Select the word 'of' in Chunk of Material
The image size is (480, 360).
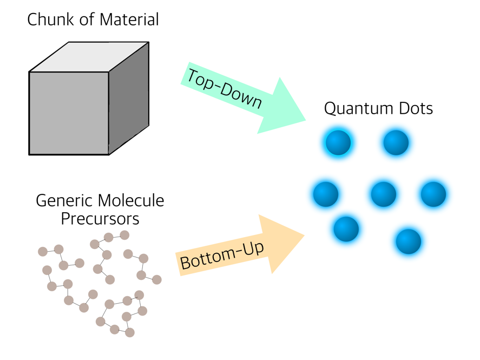pyautogui.click(x=84, y=20)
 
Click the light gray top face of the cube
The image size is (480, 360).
pyautogui.click(x=89, y=56)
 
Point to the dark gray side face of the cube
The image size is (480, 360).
pyautogui.click(x=129, y=97)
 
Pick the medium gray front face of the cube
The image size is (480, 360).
pyautogui.click(x=69, y=113)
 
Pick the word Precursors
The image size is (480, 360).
pyautogui.click(x=100, y=218)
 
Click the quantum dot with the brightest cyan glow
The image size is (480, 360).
pyautogui.click(x=338, y=143)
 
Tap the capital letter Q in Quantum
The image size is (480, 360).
pyautogui.click(x=330, y=109)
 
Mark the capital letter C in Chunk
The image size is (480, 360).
pyautogui.click(x=32, y=20)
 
